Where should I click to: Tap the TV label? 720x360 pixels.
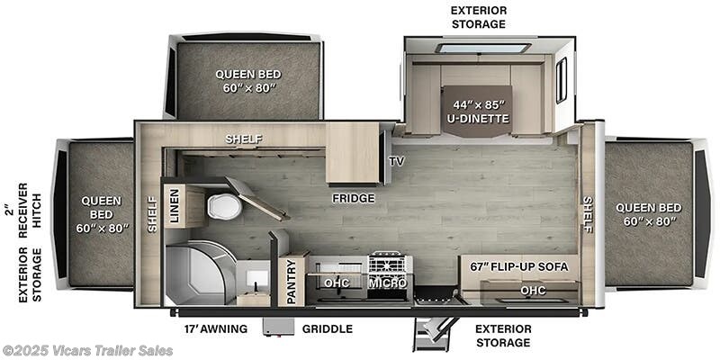pyautogui.click(x=397, y=162)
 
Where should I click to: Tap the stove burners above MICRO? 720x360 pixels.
pyautogui.click(x=390, y=262)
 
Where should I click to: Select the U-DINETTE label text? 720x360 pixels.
pyautogui.click(x=477, y=118)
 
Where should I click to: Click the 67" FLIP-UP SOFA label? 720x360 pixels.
pyautogui.click(x=519, y=268)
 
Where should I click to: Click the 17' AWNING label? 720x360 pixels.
pyautogui.click(x=210, y=328)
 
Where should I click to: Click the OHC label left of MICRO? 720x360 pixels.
pyautogui.click(x=337, y=283)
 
